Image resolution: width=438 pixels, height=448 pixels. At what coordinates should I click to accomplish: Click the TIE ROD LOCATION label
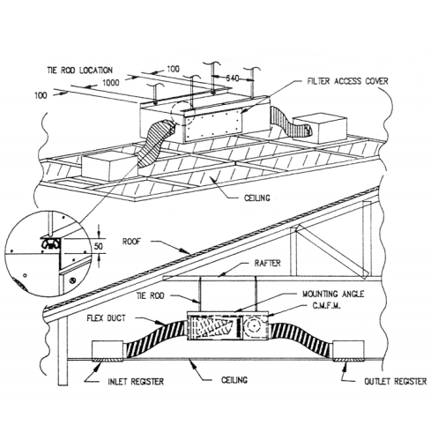click(79, 71)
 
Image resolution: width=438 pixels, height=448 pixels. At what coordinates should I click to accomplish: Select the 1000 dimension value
click(111, 83)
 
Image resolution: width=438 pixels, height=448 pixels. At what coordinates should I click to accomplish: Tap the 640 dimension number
click(233, 78)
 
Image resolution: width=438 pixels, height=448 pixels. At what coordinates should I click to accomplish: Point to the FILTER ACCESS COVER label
click(347, 81)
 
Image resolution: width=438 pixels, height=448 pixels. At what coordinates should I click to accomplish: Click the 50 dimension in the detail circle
click(99, 246)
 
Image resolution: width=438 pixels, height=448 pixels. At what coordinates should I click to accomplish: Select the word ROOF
click(131, 242)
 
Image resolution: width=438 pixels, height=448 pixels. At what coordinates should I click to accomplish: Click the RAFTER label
click(267, 263)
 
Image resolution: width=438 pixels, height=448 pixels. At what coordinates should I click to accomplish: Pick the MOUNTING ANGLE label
click(333, 294)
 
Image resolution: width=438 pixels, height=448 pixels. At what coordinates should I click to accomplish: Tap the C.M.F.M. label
click(326, 306)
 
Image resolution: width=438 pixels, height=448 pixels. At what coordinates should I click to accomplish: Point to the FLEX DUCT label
click(106, 318)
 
